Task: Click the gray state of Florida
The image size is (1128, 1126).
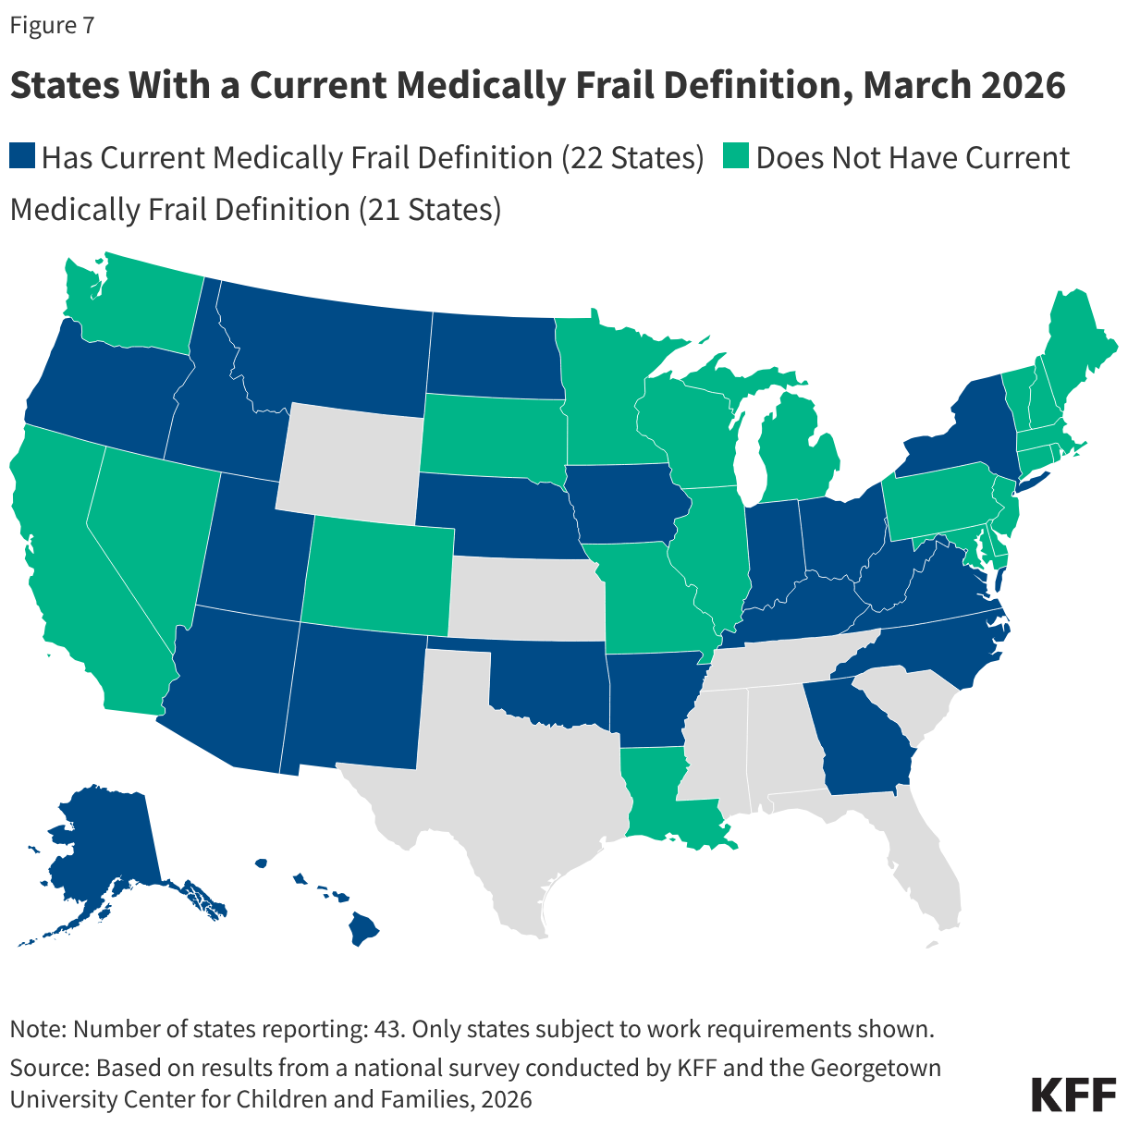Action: click(925, 869)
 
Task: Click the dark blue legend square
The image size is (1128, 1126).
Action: click(22, 156)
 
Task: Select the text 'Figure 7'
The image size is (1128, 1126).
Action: click(52, 25)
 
